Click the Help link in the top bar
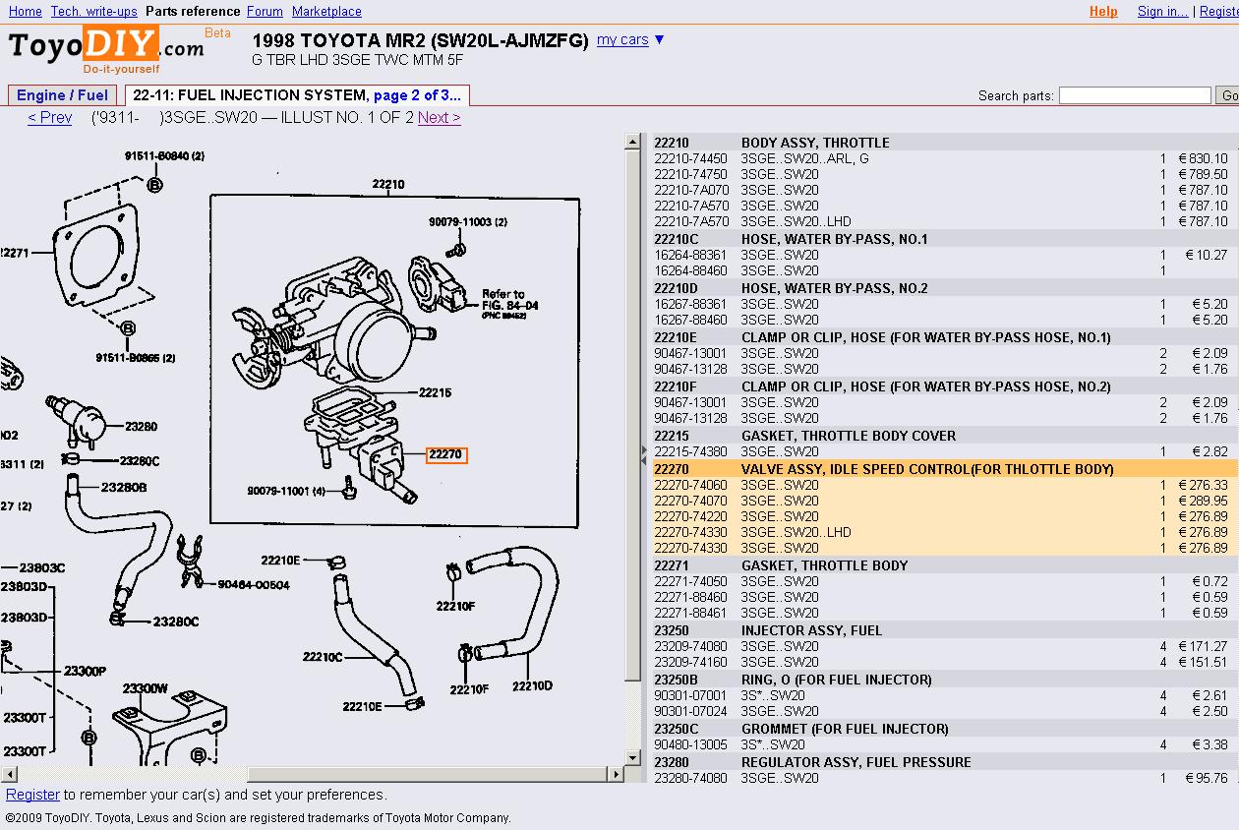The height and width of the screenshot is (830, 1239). point(1103,12)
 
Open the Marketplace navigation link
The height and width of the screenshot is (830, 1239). point(326,12)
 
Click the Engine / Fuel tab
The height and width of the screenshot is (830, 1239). point(63,95)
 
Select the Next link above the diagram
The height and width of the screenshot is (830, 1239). point(439,118)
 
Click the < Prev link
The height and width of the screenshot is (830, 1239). point(50,118)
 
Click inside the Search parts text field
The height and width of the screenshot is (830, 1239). point(1134,95)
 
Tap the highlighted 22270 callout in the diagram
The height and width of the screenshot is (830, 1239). point(445,455)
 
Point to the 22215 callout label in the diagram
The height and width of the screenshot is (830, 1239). point(435,392)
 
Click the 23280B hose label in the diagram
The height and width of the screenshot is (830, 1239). point(124,487)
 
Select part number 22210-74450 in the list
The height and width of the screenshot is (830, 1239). point(690,158)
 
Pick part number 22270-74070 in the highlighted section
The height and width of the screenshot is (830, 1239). point(690,501)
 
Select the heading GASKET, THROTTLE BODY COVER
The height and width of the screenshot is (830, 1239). point(848,436)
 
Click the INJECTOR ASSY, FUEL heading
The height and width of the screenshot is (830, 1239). point(811,630)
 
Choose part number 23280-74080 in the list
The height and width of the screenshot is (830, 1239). point(690,778)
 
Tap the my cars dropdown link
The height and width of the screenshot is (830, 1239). point(630,40)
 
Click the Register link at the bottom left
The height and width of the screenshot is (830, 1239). point(32,795)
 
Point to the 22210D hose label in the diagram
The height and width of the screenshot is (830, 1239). point(532,685)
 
